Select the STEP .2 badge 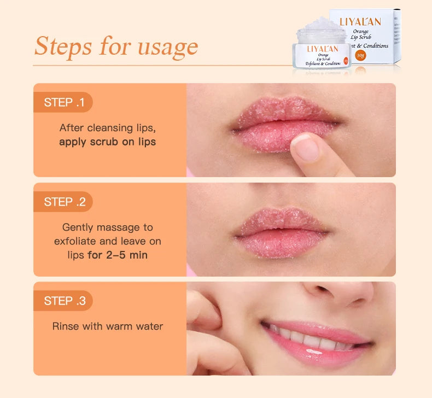point(64,202)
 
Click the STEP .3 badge point(64,301)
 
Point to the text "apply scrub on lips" point(107,142)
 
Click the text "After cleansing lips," point(107,127)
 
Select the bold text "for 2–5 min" point(117,255)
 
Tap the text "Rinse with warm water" point(107,326)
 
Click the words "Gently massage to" point(107,227)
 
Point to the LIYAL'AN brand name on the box point(360,22)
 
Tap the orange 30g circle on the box point(360,55)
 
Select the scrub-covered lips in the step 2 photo point(282,232)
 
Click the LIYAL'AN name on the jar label point(323,49)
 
